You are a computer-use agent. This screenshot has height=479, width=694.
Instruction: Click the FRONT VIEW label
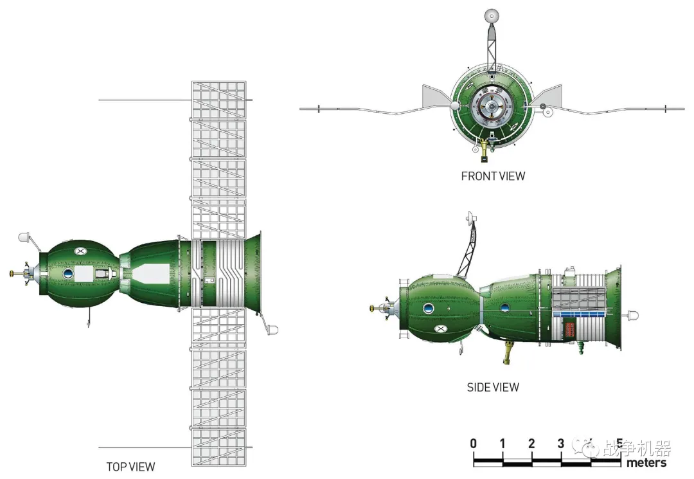coord(493,176)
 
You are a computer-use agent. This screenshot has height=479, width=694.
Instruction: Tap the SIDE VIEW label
coord(493,387)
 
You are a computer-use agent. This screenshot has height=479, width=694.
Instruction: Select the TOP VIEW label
coord(130,467)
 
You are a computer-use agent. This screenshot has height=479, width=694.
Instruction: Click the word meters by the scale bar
coord(646,463)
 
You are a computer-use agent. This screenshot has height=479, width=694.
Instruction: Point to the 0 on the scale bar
coord(474,443)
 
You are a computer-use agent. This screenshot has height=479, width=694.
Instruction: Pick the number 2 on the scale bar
coord(531,443)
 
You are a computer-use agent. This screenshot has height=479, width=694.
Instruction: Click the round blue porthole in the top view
coord(67,273)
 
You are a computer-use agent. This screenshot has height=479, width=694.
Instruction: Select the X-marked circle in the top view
coord(80,251)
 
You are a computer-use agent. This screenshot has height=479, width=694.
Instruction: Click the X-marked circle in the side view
coord(440,329)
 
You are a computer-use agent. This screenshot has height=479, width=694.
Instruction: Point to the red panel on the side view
coord(570,330)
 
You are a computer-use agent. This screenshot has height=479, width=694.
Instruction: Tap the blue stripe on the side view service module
coord(580,314)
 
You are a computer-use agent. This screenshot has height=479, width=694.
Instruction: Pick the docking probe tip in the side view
coord(371,308)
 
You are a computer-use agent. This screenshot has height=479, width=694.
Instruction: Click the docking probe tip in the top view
coord(11,274)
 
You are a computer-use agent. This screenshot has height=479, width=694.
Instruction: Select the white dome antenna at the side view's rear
coord(633,316)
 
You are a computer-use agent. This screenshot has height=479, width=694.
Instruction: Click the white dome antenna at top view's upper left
coord(24,237)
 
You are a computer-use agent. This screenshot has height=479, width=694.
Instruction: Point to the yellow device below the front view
coord(485,149)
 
